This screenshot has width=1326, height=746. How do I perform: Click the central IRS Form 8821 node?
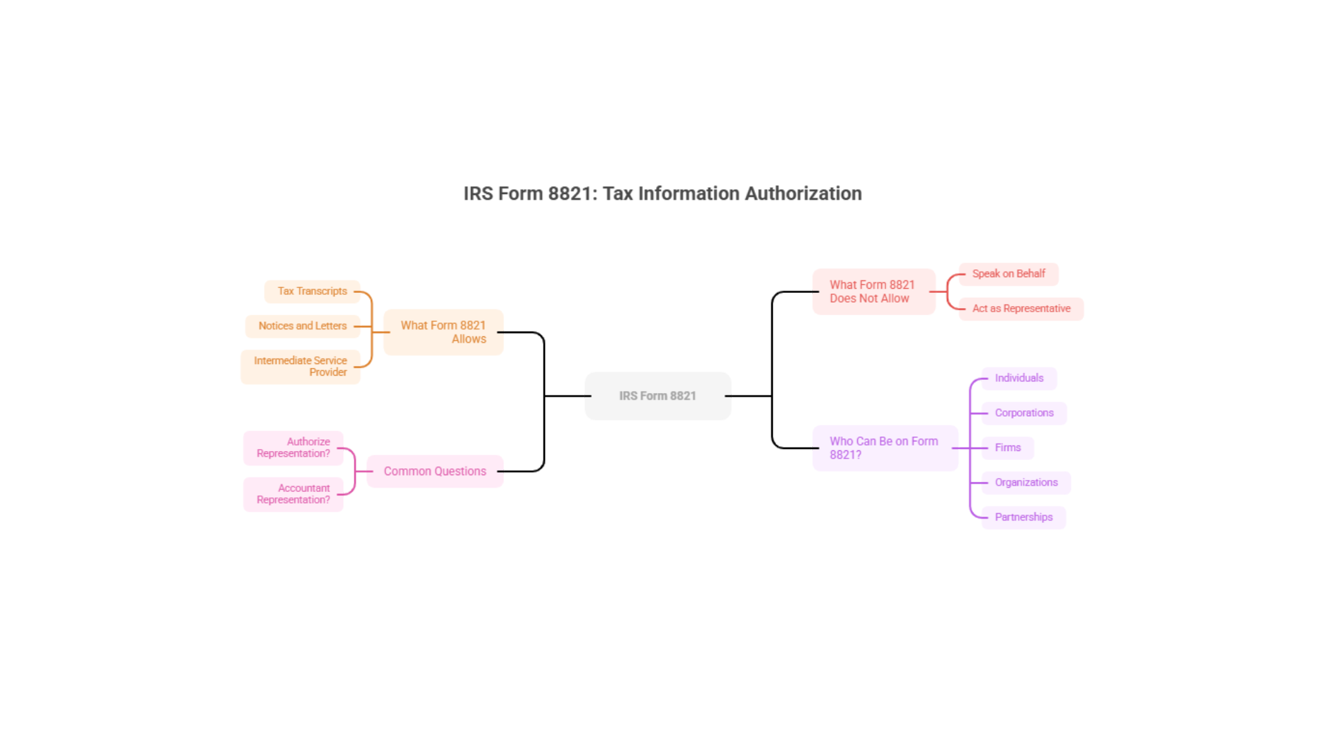657,396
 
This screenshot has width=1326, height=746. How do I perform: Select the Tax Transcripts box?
312,291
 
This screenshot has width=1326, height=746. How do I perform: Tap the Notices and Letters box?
302,326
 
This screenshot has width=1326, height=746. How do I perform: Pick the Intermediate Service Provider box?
300,366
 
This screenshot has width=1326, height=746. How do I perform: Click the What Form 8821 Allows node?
443,332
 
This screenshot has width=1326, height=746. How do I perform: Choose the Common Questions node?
435,471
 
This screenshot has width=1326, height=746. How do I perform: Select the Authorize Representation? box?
294,448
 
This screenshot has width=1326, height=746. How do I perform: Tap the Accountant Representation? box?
294,494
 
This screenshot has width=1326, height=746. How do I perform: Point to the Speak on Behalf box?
1008,274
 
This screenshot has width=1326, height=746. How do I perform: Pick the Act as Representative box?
1021,309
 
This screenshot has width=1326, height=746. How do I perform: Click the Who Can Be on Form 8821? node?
885,448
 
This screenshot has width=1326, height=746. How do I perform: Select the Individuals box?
1019,378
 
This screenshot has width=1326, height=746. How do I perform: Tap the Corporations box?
1024,413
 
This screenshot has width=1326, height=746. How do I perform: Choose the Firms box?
1008,448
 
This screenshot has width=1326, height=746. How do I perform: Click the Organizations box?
1026,482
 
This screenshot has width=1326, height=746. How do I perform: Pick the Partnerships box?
1024,517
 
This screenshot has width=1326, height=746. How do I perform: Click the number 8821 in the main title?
572,193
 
